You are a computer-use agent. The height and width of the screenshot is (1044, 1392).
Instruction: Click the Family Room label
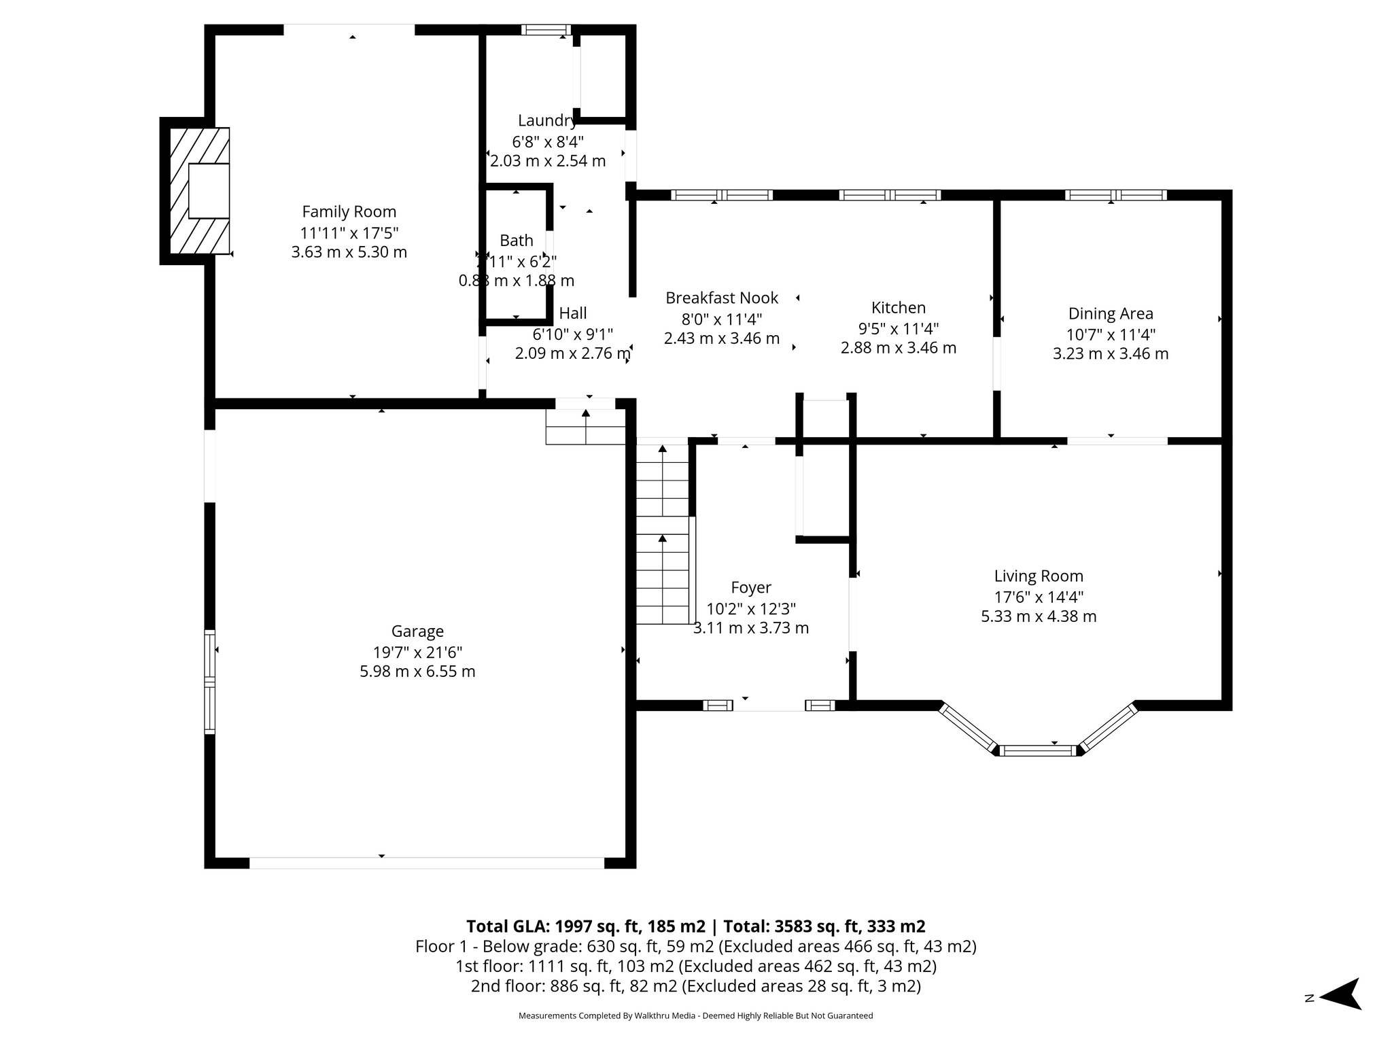click(349, 211)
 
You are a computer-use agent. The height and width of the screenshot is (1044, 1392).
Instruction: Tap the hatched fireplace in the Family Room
click(199, 191)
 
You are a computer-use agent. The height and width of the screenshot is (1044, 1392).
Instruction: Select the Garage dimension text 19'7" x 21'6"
click(417, 652)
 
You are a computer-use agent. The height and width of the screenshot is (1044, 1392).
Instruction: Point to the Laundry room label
click(547, 121)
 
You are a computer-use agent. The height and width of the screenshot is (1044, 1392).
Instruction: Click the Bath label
click(517, 241)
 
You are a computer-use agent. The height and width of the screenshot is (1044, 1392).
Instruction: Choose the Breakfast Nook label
click(721, 298)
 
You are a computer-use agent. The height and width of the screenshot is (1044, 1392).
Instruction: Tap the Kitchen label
click(898, 308)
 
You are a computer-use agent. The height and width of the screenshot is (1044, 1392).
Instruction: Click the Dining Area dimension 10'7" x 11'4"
click(1111, 334)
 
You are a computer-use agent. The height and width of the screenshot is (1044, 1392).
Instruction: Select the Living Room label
click(1038, 576)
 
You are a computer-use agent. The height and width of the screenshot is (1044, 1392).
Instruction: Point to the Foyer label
click(750, 587)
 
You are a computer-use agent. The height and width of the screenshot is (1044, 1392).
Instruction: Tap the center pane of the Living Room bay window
click(1038, 750)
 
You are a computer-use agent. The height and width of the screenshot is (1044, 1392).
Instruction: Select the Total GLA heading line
click(695, 926)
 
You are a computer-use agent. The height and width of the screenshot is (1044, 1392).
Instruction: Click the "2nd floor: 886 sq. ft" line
click(695, 986)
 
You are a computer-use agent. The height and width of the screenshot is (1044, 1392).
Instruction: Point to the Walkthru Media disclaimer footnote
click(695, 1015)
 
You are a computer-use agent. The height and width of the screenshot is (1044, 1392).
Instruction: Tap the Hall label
click(572, 313)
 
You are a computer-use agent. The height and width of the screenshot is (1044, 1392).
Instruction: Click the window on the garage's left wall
click(210, 682)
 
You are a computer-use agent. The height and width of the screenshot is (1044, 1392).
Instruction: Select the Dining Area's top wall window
click(1115, 195)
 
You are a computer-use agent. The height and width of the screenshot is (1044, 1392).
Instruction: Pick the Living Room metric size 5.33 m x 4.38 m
click(1038, 616)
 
